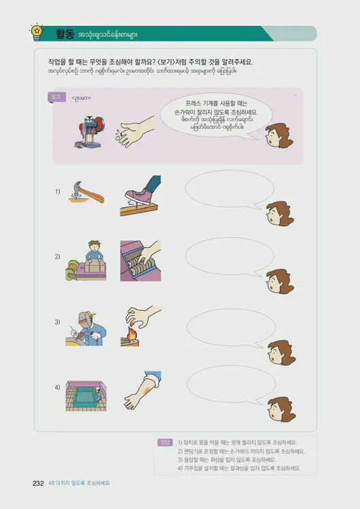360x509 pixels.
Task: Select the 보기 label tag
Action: tap(55, 98)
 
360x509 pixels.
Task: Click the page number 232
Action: tap(38, 483)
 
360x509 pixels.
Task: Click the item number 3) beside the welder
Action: tap(58, 322)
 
